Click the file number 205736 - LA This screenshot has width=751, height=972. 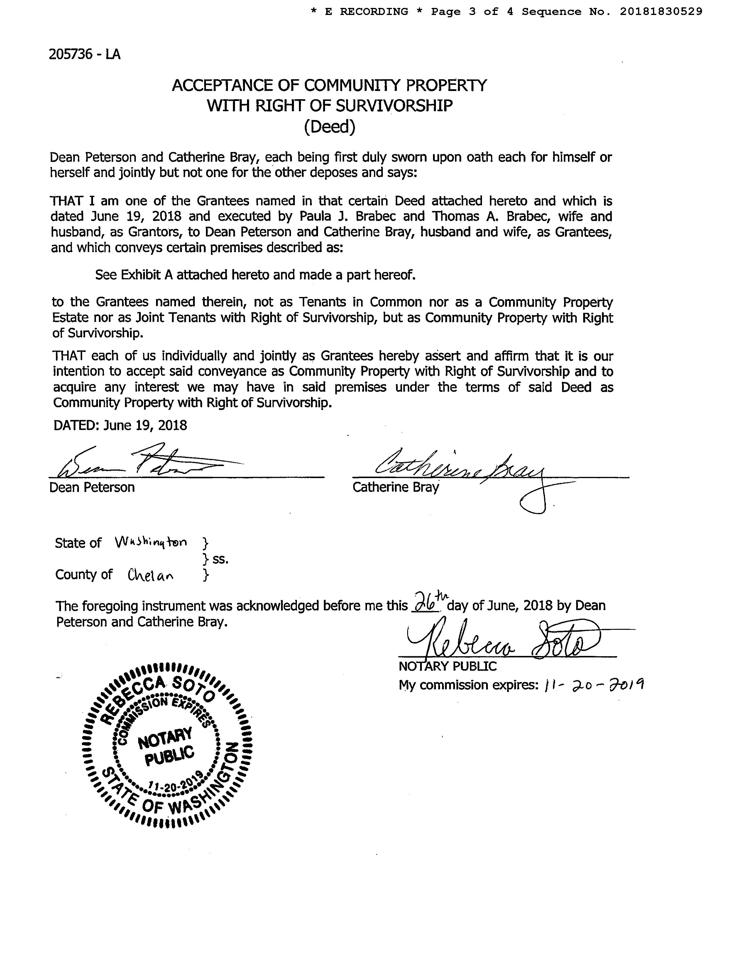click(84, 54)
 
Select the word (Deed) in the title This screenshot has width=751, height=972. click(330, 127)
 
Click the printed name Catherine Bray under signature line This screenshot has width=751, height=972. click(395, 487)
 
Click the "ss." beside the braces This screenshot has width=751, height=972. click(220, 559)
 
